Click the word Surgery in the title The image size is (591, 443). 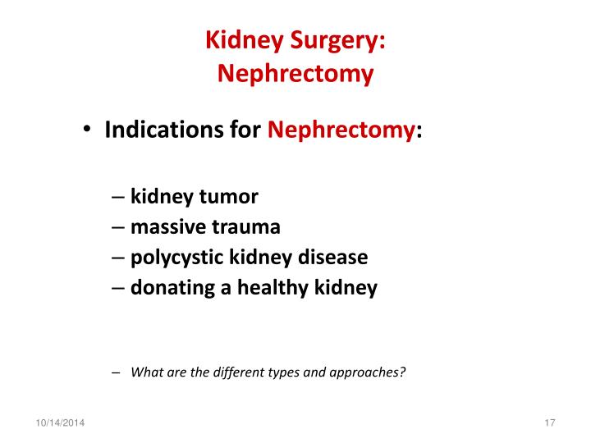[338, 40]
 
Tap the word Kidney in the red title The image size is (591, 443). [245, 40]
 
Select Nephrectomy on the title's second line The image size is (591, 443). [295, 73]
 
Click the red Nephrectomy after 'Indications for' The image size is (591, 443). [341, 130]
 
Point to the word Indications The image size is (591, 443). [163, 130]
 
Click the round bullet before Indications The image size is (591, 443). [87, 129]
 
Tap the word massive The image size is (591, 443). [168, 226]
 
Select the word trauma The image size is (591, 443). [246, 227]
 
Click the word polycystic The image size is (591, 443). [176, 258]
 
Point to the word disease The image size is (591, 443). [332, 258]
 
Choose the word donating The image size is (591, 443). [172, 288]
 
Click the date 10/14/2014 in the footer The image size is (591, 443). [60, 422]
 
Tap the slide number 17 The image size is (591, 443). [550, 422]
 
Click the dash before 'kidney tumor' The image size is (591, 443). [118, 197]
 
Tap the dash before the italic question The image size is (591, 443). [116, 373]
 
